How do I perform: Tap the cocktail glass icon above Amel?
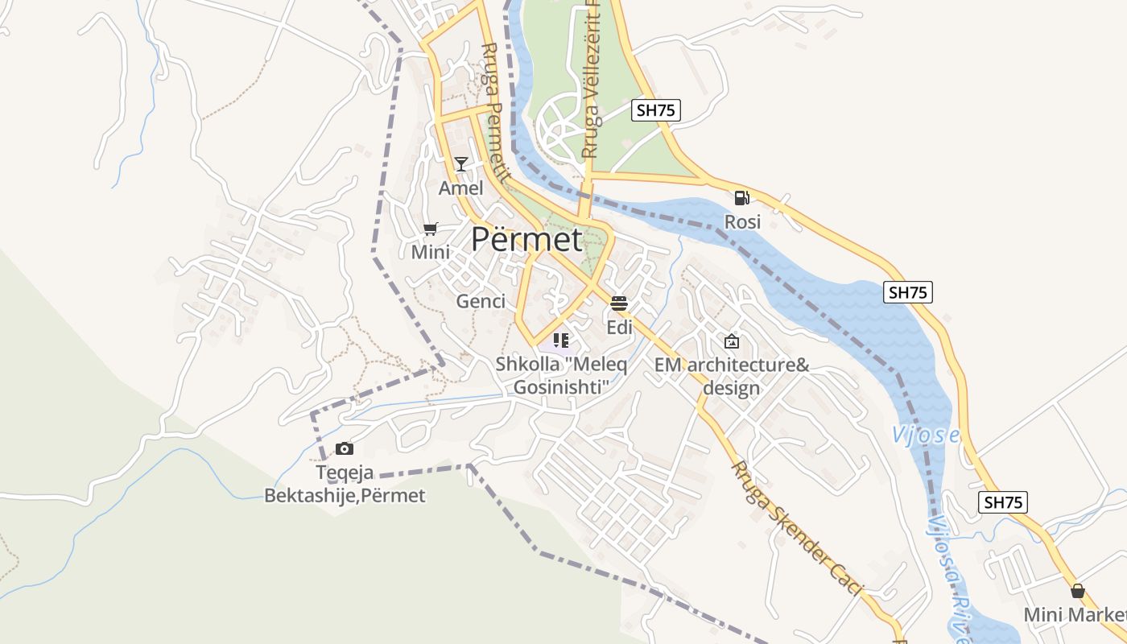point(460,164)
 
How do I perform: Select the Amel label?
point(460,188)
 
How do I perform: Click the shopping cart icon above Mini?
point(431,229)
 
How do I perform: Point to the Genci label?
point(481,301)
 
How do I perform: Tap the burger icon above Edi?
point(619,303)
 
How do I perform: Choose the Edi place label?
point(619,328)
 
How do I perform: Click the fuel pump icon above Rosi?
point(741,197)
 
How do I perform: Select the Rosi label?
point(742,221)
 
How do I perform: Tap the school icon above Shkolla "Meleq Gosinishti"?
point(561,341)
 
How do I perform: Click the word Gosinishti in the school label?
point(561,387)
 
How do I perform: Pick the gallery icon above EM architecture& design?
point(731,341)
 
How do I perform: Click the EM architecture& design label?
point(731,376)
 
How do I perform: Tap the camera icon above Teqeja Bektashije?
point(345,448)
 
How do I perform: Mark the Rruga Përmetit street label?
point(494,113)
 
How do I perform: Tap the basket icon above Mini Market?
point(1078,591)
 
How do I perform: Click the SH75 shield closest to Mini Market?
point(1003,502)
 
